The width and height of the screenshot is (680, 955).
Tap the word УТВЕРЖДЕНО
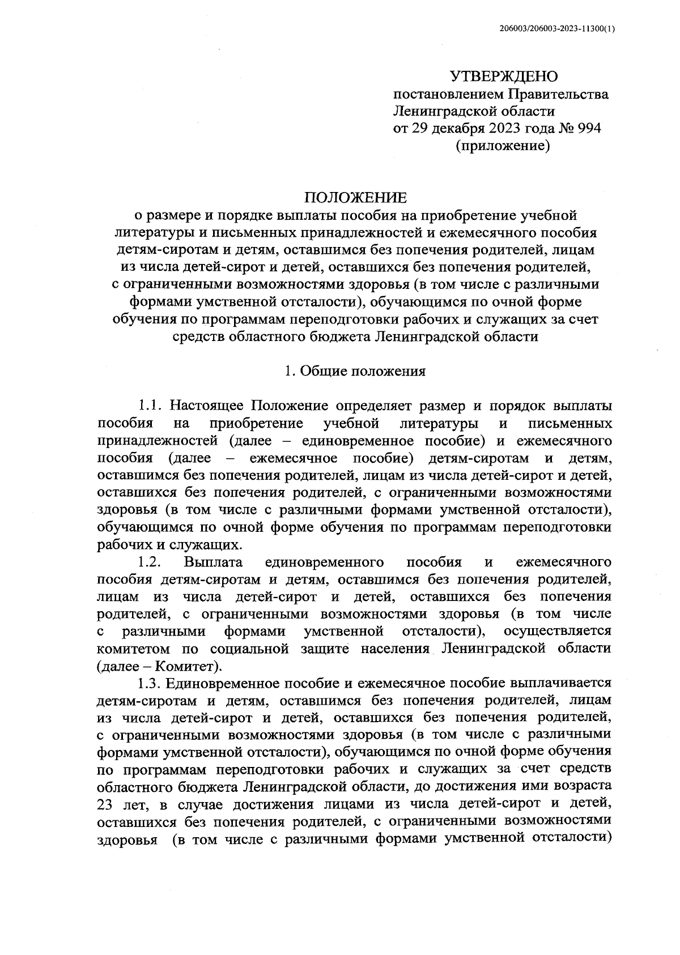[504, 76]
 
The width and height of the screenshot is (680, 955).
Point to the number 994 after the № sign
[589, 129]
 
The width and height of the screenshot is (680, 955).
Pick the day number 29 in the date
[432, 129]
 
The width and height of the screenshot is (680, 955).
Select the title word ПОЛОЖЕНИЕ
[355, 198]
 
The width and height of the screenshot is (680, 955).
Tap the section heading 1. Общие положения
[355, 372]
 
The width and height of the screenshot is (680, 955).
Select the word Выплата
[214, 562]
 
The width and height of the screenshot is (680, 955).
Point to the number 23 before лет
[106, 804]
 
